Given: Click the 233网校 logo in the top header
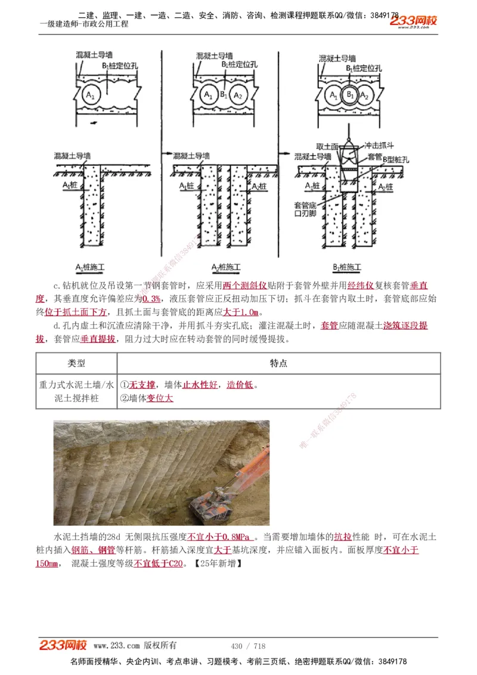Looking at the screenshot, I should [x=413, y=21].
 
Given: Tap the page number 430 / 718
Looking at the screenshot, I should [x=248, y=646].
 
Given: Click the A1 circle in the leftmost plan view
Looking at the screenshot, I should [x=90, y=95].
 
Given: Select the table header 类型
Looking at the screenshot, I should [x=76, y=363].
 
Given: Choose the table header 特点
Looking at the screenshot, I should [x=278, y=363].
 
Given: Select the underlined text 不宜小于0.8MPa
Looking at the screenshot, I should [x=219, y=536].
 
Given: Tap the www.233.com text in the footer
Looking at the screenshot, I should [x=117, y=646].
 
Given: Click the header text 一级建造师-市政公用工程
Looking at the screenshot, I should [x=83, y=24].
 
